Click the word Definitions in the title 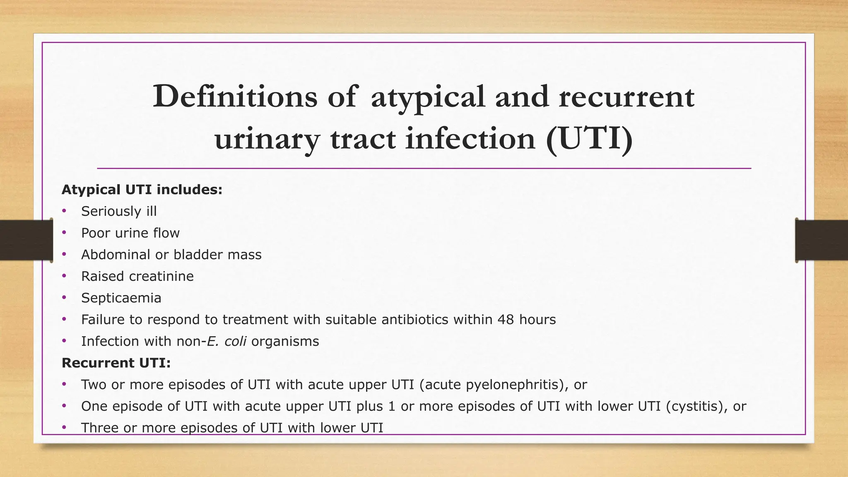235,96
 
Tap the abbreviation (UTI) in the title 589,139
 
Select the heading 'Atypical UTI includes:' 142,190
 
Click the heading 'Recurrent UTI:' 116,363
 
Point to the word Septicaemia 121,298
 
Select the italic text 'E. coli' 226,341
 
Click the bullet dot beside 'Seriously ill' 64,211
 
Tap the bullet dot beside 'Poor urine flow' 64,233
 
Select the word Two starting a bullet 94,385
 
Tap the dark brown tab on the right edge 821,240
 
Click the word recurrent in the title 626,96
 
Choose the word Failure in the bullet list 105,320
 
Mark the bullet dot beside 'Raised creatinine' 64,276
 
